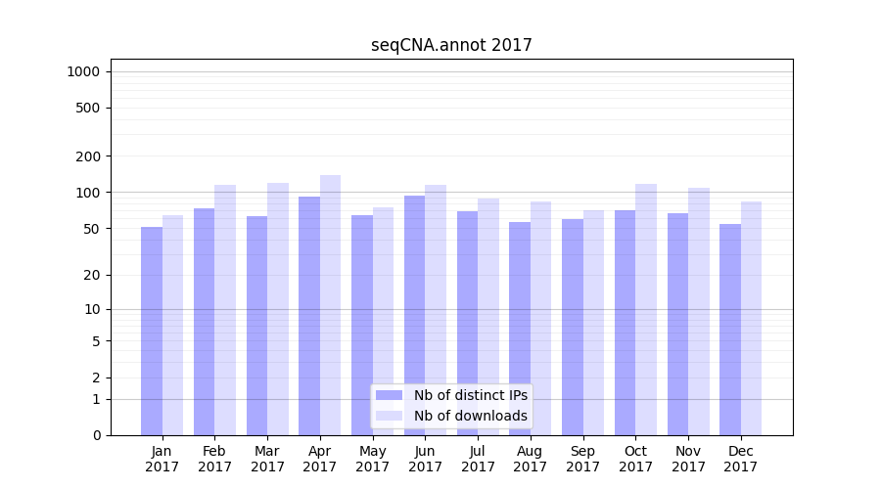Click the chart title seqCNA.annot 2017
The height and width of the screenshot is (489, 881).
click(451, 45)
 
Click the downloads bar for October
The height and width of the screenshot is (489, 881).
click(645, 309)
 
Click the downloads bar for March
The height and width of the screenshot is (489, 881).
click(278, 309)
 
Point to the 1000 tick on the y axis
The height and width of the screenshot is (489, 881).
click(83, 71)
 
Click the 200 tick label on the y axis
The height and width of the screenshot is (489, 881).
click(88, 156)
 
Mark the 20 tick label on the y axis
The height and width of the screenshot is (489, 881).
click(91, 275)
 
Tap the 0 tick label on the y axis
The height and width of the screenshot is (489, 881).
click(96, 435)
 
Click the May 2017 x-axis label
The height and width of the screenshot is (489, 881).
click(372, 459)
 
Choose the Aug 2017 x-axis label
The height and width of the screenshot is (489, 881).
click(531, 459)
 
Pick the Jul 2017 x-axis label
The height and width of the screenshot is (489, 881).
click(478, 459)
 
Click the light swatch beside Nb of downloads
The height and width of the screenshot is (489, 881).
click(389, 416)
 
